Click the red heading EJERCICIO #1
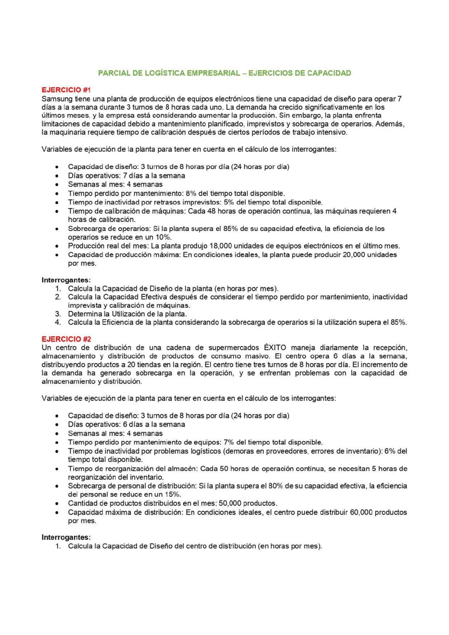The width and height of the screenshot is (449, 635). coord(66,90)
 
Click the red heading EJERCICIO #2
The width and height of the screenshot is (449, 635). coord(66,339)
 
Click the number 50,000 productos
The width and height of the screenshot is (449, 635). coord(230,503)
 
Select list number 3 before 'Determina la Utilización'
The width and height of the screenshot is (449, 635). coord(58,314)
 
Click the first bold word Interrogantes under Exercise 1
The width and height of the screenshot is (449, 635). coord(66,280)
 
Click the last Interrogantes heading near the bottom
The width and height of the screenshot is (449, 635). coord(66,537)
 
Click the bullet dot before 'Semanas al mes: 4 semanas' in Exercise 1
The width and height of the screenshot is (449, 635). coord(56,185)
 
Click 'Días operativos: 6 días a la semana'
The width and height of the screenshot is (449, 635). coord(126,424)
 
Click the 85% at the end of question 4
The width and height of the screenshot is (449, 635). coord(399,322)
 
